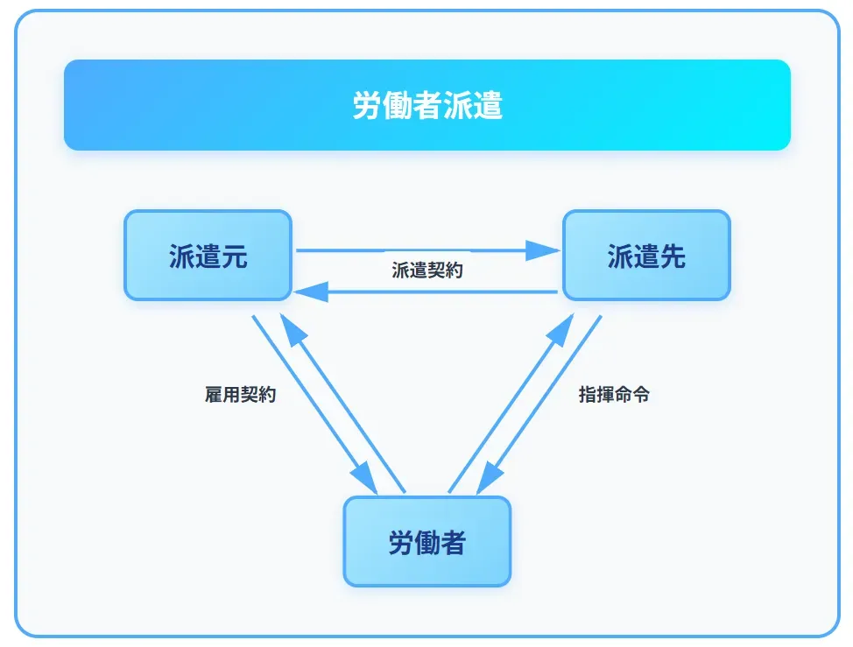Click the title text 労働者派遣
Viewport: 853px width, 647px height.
(427, 106)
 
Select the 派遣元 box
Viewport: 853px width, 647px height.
(208, 256)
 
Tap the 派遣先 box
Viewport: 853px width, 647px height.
(645, 256)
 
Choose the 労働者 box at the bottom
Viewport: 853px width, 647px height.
(426, 542)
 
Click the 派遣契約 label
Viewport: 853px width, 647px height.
(427, 271)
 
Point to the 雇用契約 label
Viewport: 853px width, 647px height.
(240, 395)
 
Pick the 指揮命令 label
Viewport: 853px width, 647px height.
(614, 395)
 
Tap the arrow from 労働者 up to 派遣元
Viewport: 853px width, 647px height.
(346, 403)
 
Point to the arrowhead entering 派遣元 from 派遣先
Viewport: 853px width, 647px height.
(308, 292)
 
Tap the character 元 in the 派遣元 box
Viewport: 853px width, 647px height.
(234, 257)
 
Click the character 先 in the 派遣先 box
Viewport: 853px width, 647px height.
(672, 257)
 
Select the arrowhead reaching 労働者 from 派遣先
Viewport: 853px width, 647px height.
(487, 481)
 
